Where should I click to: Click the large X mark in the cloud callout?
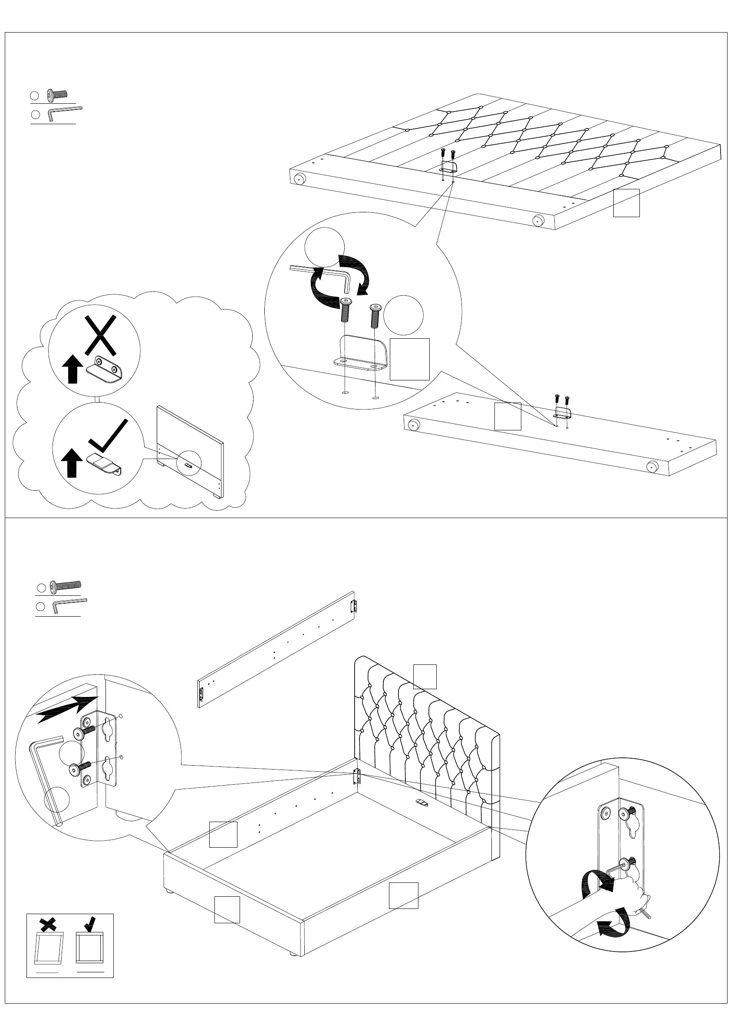[100, 335]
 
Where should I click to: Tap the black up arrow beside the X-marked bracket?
[72, 369]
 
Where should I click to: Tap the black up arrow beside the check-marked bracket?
[72, 462]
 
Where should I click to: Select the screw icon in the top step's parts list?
[57, 95]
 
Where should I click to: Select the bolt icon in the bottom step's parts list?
[65, 585]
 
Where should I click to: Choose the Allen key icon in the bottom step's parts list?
[69, 605]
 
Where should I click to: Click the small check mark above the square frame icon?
[90, 924]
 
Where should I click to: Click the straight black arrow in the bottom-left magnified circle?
[68, 708]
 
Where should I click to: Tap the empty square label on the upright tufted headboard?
[425, 677]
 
